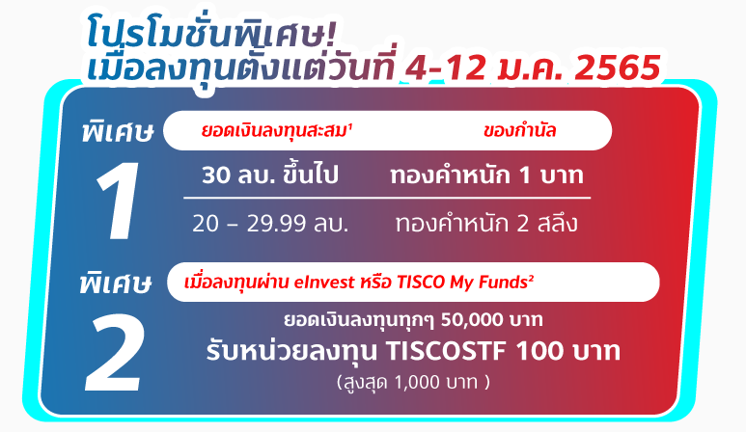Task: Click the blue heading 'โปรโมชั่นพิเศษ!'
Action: pos(211,33)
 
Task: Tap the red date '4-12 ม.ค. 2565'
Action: pos(533,67)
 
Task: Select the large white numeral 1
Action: pos(118,201)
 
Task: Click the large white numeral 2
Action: pos(113,352)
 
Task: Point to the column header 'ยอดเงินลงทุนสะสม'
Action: pos(276,130)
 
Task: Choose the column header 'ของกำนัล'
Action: pos(519,131)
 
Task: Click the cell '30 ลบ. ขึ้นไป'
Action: pos(270,175)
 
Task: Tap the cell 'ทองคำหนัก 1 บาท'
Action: pos(486,175)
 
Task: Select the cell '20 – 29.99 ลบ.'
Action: pos(270,223)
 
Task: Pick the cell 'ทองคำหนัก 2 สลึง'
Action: pos(486,223)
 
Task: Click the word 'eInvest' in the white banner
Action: pos(324,283)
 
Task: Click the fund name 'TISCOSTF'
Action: pos(445,351)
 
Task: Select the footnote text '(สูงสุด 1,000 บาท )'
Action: pos(413,382)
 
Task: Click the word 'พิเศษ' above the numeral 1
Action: pos(117,131)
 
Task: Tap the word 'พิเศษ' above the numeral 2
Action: pos(116,283)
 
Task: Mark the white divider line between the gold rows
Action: pos(387,198)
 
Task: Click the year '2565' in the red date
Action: pos(618,67)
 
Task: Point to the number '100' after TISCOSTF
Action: pos(539,351)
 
